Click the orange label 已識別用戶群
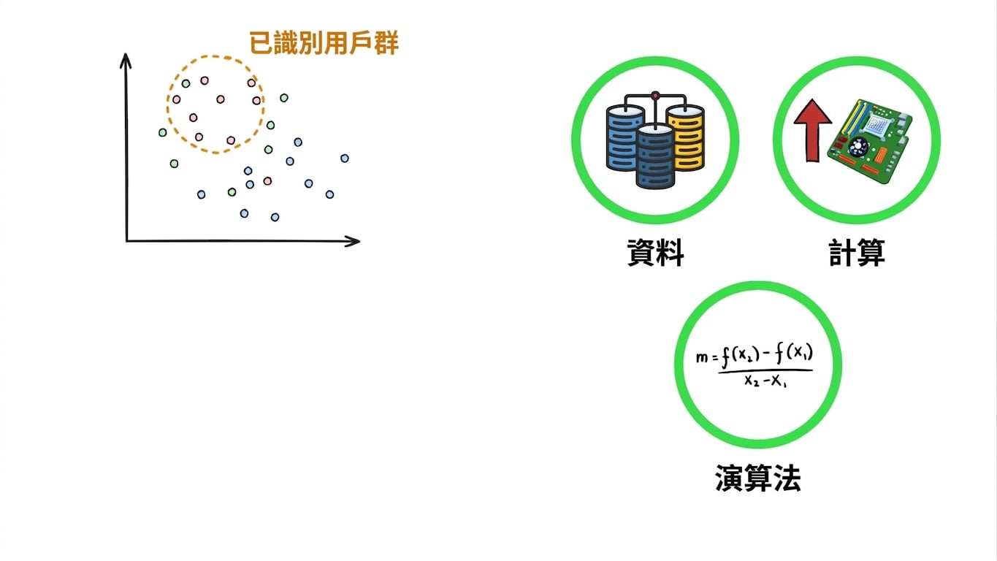(x=324, y=43)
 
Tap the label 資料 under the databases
(x=655, y=253)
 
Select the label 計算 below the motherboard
(x=857, y=253)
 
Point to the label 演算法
(x=758, y=478)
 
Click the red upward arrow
(x=813, y=130)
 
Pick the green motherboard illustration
(x=869, y=140)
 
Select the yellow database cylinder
(x=686, y=137)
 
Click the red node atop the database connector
(x=655, y=95)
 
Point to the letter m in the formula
(x=702, y=357)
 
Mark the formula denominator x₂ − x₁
(x=765, y=381)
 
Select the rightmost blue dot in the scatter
(x=345, y=158)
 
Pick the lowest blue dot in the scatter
(x=275, y=217)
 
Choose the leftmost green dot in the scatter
(x=162, y=132)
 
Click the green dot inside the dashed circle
(x=186, y=83)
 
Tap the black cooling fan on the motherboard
(x=857, y=146)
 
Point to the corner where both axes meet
(x=127, y=241)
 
